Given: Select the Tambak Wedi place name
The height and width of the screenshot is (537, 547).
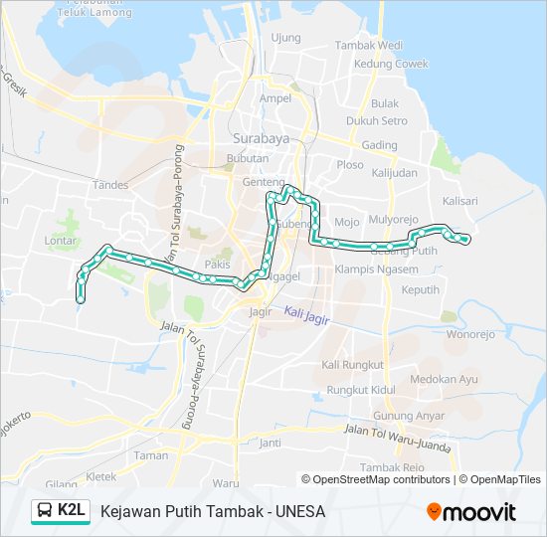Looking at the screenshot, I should pyautogui.click(x=368, y=45).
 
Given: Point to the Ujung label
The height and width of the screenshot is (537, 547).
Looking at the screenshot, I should pyautogui.click(x=285, y=38).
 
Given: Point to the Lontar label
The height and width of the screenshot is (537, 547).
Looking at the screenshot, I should pyautogui.click(x=62, y=240).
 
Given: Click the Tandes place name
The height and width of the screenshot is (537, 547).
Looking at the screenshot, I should pyautogui.click(x=109, y=185).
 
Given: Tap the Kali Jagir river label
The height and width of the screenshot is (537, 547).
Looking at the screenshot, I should pyautogui.click(x=304, y=314).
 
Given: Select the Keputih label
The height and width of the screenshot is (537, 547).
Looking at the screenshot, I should pyautogui.click(x=420, y=289).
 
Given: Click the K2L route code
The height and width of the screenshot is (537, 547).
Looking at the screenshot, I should pyautogui.click(x=71, y=511).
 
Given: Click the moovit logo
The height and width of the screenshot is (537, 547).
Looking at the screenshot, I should pyautogui.click(x=471, y=512).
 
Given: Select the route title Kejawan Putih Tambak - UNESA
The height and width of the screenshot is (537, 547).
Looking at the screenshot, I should pyautogui.click(x=212, y=512).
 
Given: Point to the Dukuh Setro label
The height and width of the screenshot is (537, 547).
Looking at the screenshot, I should pyautogui.click(x=377, y=121).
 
